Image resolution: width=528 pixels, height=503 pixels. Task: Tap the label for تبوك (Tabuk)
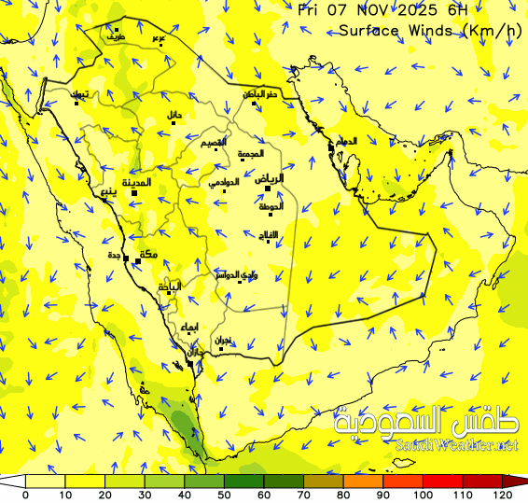(82, 94)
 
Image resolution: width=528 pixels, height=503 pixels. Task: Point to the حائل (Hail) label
(174, 114)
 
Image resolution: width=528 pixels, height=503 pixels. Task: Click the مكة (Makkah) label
(147, 254)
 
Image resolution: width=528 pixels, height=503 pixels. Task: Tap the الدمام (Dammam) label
(346, 141)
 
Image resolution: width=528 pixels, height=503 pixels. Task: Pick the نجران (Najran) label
(223, 341)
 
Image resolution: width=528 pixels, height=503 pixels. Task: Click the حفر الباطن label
(261, 93)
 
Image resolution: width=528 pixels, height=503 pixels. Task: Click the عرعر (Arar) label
(160, 38)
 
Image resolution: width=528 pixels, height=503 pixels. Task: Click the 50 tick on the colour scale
(225, 494)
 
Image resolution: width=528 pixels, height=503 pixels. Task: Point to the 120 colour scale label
(507, 495)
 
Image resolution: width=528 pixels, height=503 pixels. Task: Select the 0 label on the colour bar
(25, 495)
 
